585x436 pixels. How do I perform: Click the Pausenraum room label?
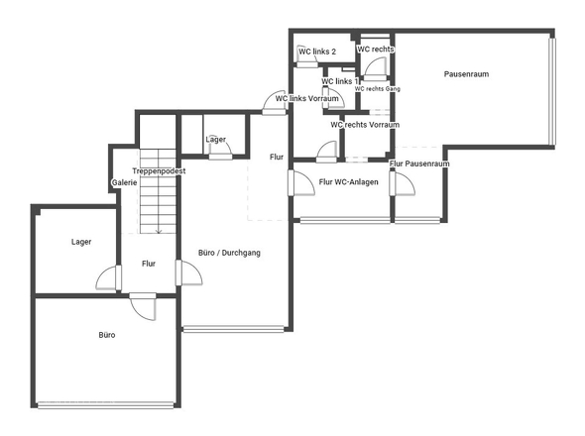(467, 74)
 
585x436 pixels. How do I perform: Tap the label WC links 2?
(317, 52)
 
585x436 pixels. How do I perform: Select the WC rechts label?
(376, 49)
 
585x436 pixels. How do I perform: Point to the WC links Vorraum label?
(307, 98)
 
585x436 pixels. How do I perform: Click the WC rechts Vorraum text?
(365, 125)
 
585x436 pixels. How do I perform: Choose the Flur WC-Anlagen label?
(348, 182)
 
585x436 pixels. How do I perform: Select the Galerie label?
(125, 183)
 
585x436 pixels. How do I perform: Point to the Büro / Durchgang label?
(229, 254)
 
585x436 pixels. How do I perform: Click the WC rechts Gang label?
(378, 89)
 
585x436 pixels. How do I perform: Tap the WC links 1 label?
(341, 81)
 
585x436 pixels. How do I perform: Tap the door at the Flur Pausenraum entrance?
(403, 183)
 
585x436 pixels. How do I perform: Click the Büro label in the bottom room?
(107, 335)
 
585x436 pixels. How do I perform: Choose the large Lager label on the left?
(81, 242)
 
